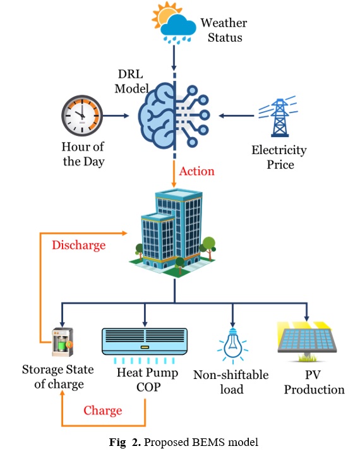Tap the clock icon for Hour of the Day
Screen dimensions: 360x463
(82, 116)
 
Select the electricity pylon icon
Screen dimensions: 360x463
(279, 117)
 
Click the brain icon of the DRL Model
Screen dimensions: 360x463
(174, 116)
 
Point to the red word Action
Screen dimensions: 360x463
(196, 171)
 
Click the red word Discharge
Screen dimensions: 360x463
(79, 245)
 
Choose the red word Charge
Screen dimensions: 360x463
(103, 411)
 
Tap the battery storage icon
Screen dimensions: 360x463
(63, 342)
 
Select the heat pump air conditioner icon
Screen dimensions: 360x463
(145, 345)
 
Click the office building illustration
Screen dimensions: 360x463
(173, 233)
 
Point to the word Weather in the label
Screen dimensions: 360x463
(224, 23)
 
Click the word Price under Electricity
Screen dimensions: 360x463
(280, 164)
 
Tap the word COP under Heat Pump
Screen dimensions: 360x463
(148, 387)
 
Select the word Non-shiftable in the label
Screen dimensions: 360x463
(231, 375)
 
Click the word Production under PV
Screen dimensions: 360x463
(315, 390)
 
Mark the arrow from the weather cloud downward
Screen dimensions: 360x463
(174, 57)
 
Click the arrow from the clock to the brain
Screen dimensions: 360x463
(116, 116)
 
